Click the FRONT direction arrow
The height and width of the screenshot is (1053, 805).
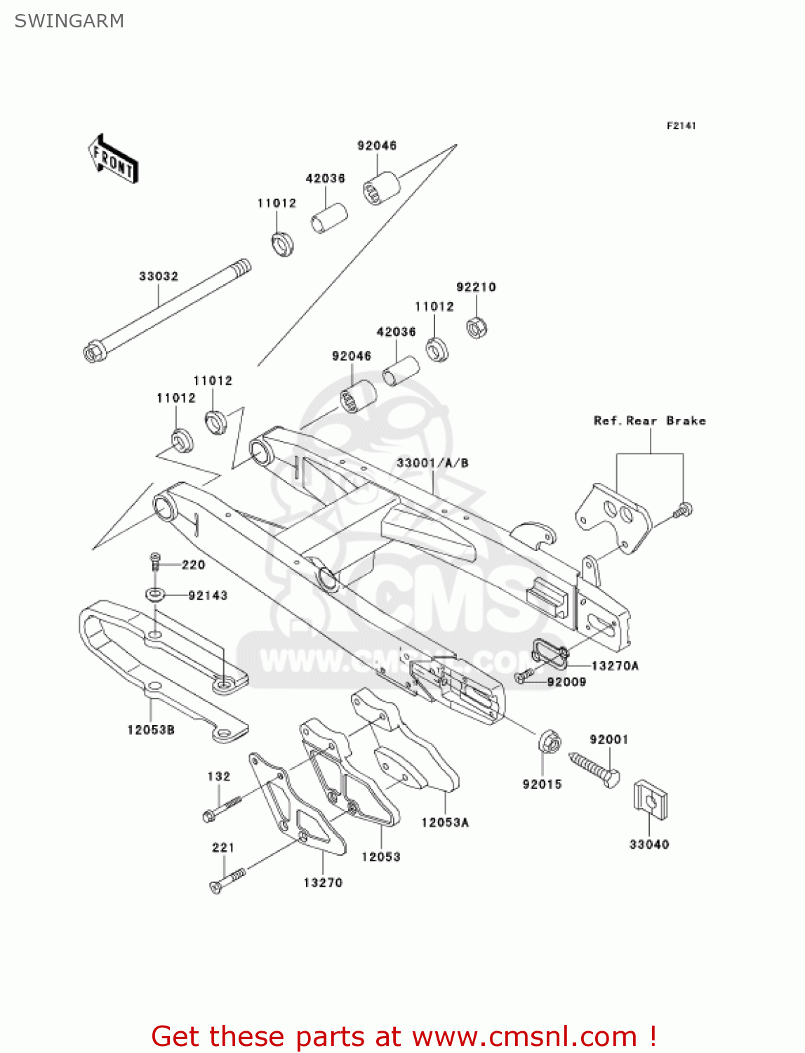click(x=112, y=159)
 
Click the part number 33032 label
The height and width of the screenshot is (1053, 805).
click(x=159, y=277)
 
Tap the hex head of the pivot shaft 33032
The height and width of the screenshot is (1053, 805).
click(x=93, y=352)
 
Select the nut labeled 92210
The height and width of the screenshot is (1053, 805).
click(x=477, y=327)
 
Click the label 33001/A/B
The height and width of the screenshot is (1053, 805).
click(x=432, y=463)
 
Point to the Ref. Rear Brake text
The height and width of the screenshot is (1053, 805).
click(x=649, y=421)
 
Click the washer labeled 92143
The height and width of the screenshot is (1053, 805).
click(x=155, y=595)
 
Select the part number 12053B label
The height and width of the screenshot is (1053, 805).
click(x=151, y=730)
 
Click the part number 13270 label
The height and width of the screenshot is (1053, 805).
click(x=323, y=883)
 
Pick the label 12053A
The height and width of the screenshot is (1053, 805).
click(x=445, y=823)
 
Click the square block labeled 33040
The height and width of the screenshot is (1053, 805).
click(x=650, y=800)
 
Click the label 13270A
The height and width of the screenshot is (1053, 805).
click(x=615, y=666)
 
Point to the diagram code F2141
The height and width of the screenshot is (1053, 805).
click(x=681, y=126)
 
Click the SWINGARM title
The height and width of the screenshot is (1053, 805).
click(x=69, y=21)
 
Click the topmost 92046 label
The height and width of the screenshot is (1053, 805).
click(x=377, y=146)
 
